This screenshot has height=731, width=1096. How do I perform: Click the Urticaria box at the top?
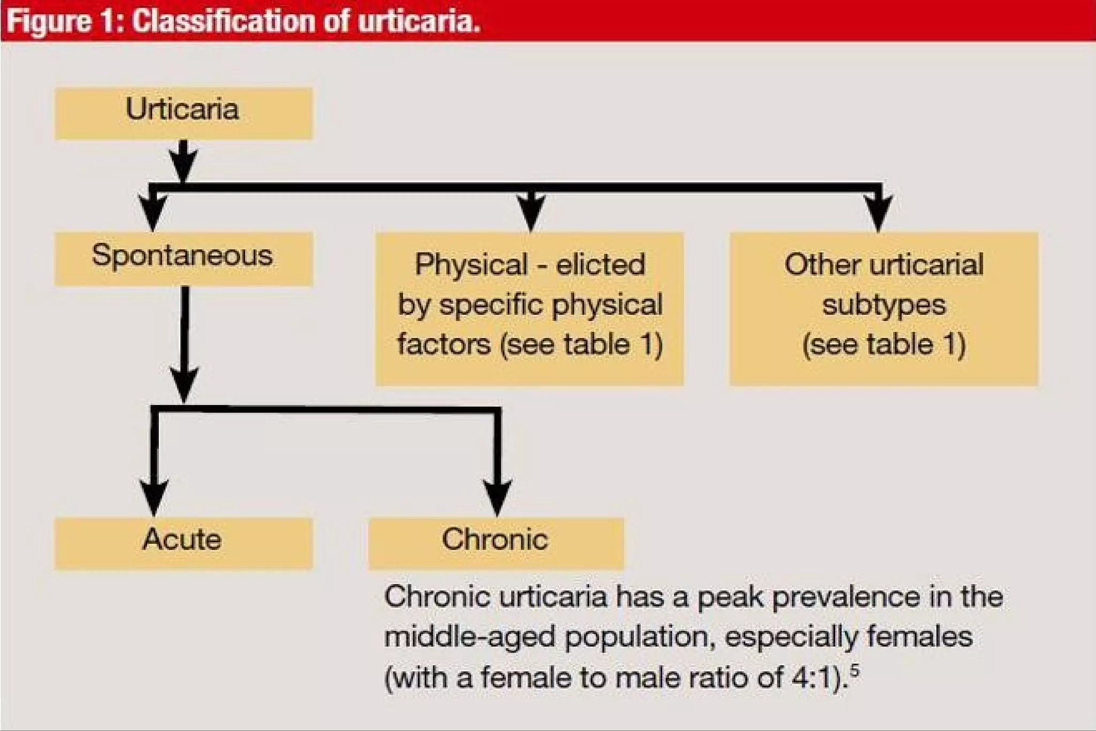(183, 113)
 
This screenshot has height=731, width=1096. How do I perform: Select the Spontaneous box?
(183, 258)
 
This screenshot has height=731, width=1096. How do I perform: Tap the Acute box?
(183, 543)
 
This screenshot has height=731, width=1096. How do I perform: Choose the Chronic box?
(496, 543)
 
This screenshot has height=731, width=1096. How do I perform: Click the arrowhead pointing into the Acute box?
(154, 498)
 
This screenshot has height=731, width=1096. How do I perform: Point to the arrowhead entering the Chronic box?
(497, 498)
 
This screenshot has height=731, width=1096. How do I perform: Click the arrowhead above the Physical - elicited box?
(531, 212)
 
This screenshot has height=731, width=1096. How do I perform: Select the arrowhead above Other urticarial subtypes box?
(878, 213)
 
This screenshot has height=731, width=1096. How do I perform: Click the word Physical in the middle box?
(471, 264)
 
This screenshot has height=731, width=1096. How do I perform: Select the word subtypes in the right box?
(884, 304)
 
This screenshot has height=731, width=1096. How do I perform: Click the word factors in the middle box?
(444, 344)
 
